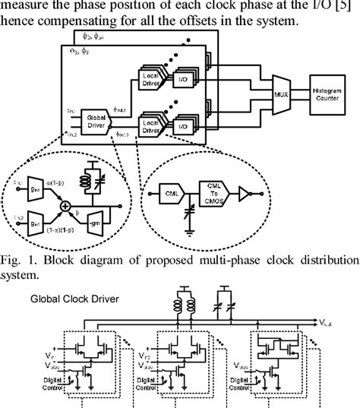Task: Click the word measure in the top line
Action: click(29, 8)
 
